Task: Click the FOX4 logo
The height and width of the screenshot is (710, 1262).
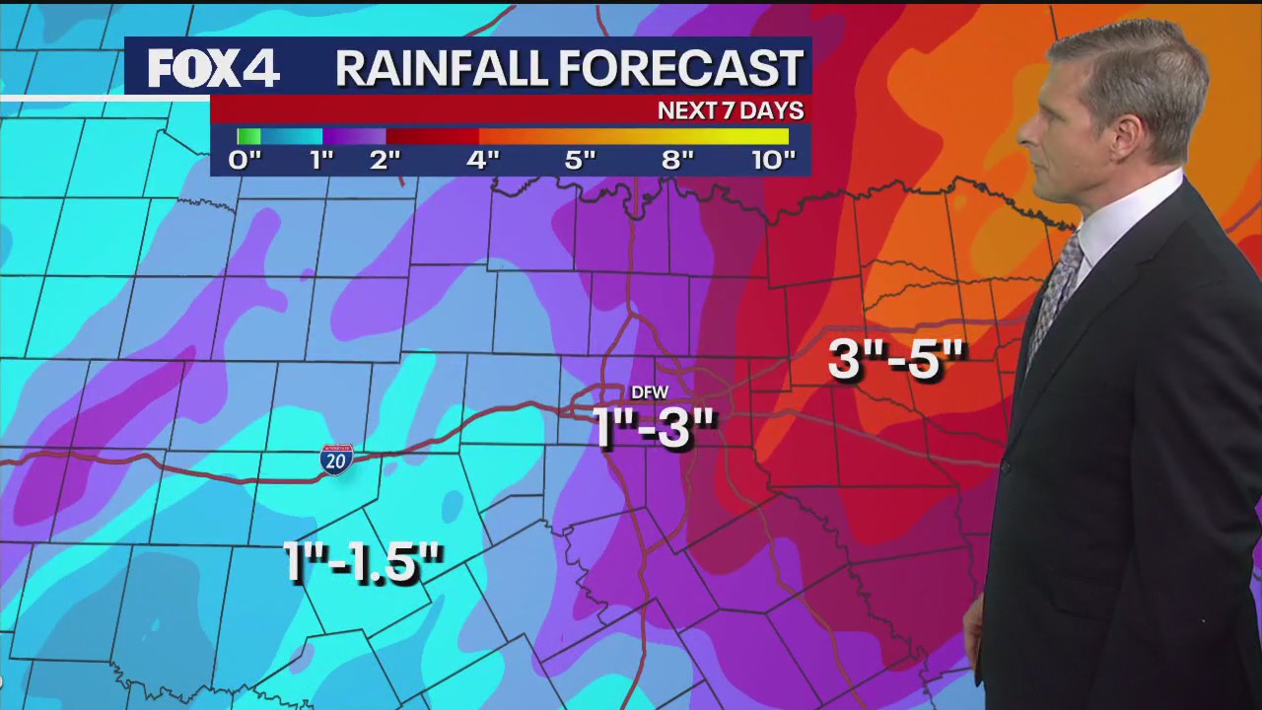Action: point(214,69)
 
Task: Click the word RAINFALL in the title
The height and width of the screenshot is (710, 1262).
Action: point(440,69)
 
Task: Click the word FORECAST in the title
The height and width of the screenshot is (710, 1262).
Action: point(680,69)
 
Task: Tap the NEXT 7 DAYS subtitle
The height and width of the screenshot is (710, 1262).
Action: point(731,110)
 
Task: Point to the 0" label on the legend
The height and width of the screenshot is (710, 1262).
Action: point(245,160)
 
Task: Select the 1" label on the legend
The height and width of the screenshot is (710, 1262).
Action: point(322,160)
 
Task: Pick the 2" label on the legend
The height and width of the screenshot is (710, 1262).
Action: point(386,160)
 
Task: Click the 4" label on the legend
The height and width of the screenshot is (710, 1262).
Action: point(483,160)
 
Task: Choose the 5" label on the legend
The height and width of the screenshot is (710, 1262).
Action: point(581,160)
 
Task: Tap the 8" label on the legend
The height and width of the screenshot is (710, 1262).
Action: point(678,160)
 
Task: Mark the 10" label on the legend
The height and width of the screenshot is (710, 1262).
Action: point(773,160)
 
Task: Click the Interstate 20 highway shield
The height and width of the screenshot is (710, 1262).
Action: point(335,460)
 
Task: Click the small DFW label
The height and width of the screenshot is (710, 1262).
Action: point(650,392)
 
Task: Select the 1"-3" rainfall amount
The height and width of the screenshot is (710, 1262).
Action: point(655,427)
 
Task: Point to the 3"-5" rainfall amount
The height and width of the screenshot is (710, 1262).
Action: point(895,359)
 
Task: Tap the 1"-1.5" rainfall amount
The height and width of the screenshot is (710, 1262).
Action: point(363,562)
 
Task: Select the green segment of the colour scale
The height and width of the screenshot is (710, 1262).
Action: point(248,137)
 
